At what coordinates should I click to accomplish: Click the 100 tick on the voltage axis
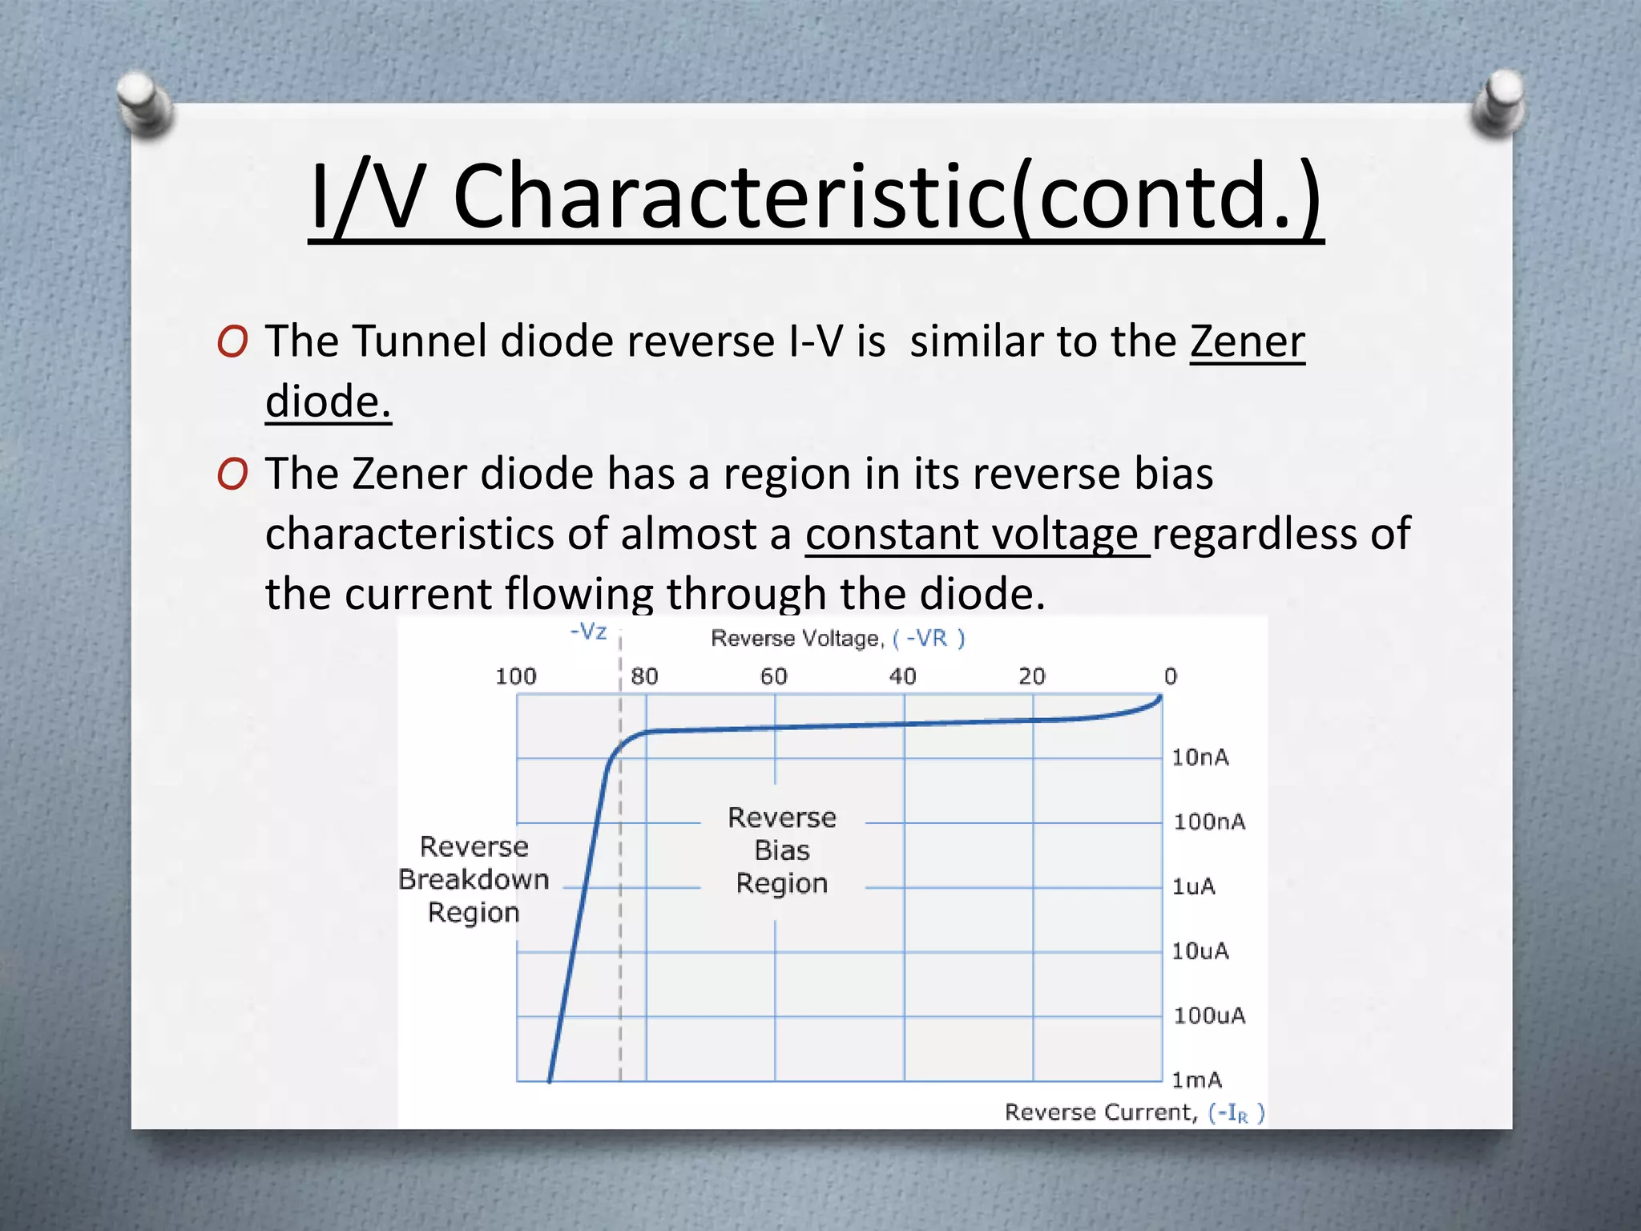click(515, 676)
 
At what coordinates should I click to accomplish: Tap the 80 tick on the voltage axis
click(644, 676)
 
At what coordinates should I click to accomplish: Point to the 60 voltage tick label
click(773, 676)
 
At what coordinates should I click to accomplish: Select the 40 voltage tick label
click(902, 676)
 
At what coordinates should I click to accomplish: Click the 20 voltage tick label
click(1032, 676)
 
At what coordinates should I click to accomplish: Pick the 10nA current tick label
click(1200, 757)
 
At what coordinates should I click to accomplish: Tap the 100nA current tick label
click(1209, 821)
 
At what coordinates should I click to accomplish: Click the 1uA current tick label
click(1193, 886)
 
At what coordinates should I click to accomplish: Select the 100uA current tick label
click(1209, 1015)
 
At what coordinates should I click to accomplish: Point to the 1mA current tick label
click(1196, 1080)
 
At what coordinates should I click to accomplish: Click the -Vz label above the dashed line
click(588, 632)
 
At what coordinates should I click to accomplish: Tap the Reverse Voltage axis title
click(837, 639)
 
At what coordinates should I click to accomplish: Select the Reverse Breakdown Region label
click(474, 879)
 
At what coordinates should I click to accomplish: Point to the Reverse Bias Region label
click(782, 850)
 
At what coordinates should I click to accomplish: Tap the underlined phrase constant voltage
click(976, 535)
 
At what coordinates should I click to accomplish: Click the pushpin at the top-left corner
click(144, 104)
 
